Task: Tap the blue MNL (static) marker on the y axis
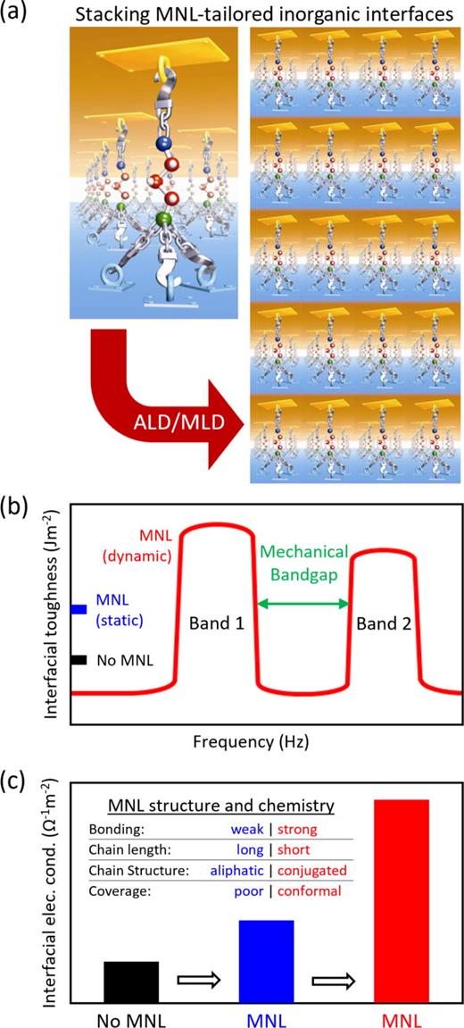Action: coord(79,609)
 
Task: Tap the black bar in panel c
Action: coord(131,982)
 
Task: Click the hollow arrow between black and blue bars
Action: coord(198,980)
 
